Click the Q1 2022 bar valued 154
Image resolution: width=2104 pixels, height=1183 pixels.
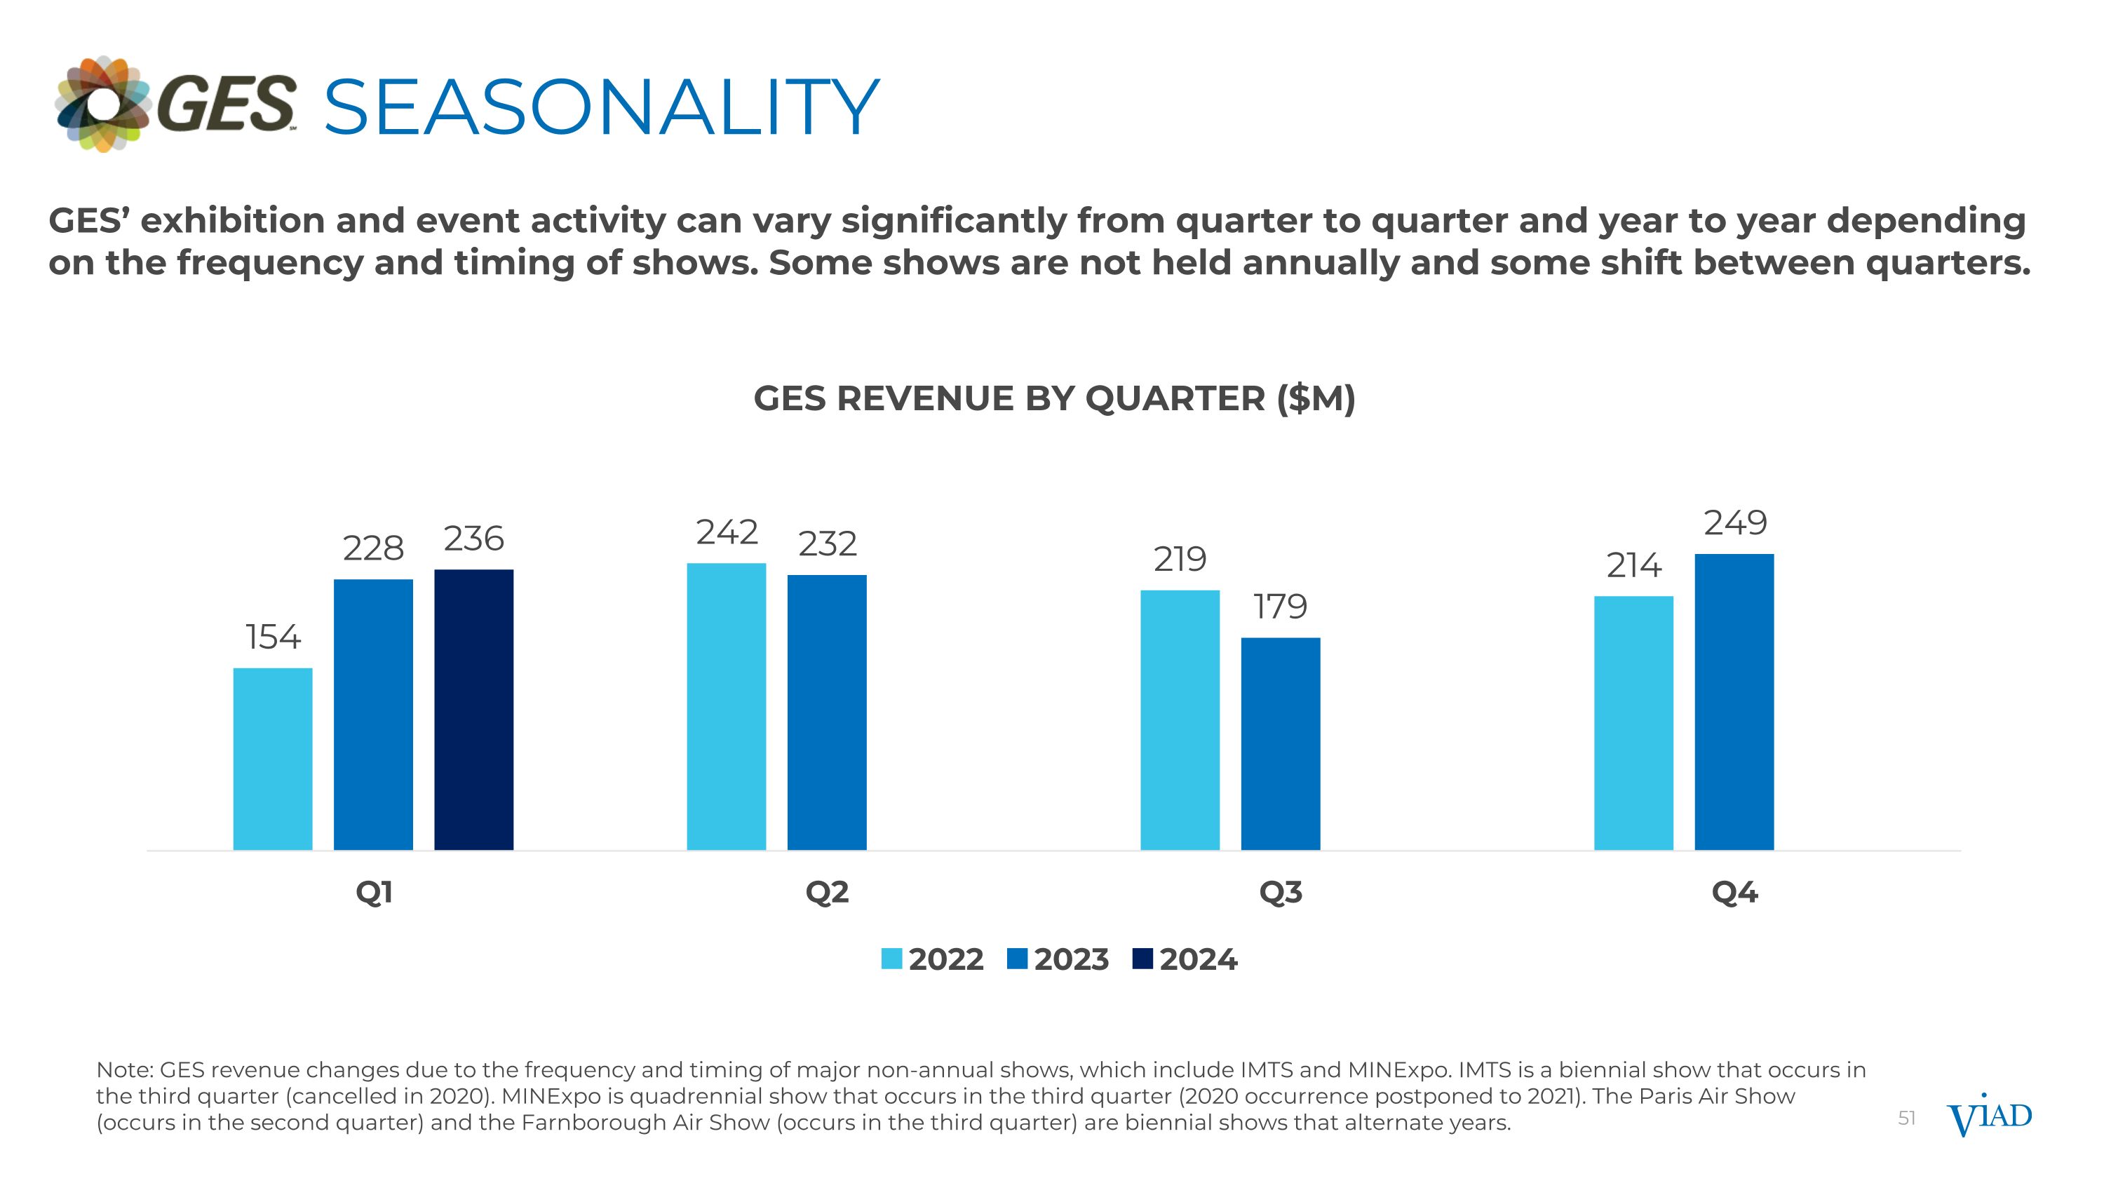point(273,759)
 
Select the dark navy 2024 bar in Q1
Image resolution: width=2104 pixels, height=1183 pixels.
point(473,710)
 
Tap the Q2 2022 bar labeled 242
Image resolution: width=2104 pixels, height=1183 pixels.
point(726,706)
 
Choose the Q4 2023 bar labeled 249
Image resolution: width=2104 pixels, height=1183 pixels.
point(1734,702)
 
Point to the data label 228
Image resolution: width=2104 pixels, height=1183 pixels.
point(373,548)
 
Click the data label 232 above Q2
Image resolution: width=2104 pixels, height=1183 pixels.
point(828,543)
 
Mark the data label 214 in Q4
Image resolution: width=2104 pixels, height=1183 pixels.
point(1633,565)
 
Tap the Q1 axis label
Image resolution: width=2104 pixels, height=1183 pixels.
point(374,893)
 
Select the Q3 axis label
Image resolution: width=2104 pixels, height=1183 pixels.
point(1280,893)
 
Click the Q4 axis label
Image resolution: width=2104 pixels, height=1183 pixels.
point(1734,893)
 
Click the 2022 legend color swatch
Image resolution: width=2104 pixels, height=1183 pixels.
point(891,959)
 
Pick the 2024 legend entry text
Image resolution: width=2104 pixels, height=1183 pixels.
point(1198,959)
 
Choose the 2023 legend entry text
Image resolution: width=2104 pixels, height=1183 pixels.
point(1071,959)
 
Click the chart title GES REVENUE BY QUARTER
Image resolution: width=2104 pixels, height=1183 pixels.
point(1053,398)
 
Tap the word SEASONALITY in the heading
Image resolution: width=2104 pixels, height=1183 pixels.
point(601,107)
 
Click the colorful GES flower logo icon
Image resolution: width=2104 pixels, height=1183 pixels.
point(103,104)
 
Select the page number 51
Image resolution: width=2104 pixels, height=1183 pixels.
point(1906,1118)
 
